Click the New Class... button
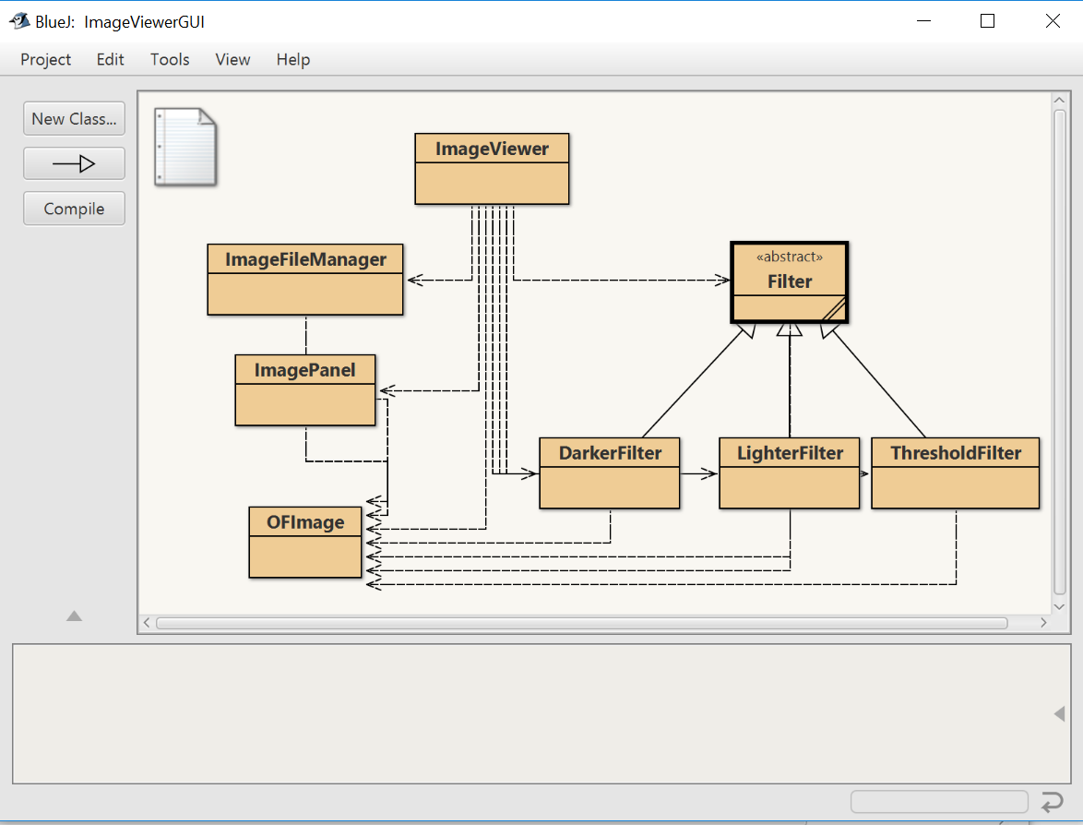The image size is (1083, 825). pos(74,119)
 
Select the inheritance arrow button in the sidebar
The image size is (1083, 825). pos(74,164)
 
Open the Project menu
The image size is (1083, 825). pos(45,60)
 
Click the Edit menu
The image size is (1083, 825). pos(110,60)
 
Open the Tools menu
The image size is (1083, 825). pos(170,60)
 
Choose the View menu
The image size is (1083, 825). pos(232,60)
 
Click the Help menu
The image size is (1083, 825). pos(292,60)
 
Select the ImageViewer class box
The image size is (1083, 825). pos(492,169)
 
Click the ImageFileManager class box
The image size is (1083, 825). pos(305,280)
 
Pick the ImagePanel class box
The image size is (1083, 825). pos(305,390)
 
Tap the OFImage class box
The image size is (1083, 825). pos(305,543)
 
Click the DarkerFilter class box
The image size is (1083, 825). pos(609,473)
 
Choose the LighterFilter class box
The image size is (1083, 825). pos(790,473)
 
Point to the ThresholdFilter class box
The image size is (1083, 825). pos(955,473)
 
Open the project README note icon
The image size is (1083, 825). pos(184,147)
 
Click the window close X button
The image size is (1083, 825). pos(1053,21)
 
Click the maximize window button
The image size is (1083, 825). pos(987,21)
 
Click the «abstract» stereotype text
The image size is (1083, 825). pos(789,257)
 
